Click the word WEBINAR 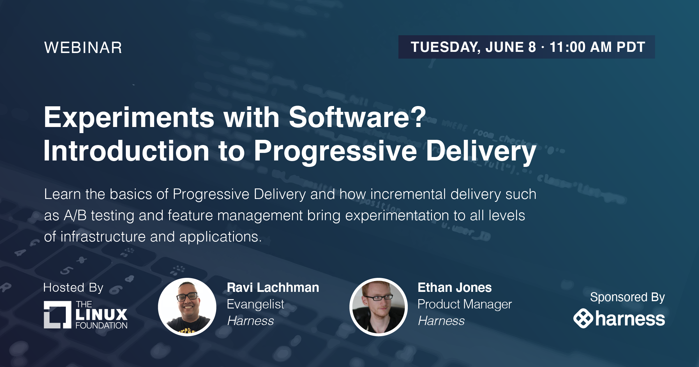tap(83, 47)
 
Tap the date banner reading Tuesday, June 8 tap(527, 47)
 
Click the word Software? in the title tap(357, 117)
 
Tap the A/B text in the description tap(75, 216)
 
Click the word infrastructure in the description tap(103, 237)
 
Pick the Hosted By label tap(73, 288)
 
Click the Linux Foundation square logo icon tap(57, 315)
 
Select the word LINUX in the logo tap(101, 315)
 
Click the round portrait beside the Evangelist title tap(187, 307)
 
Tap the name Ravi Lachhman tap(273, 287)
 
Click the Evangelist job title tap(255, 304)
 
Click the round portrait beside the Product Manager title tap(378, 307)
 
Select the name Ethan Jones tap(455, 287)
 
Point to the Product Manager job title tap(465, 304)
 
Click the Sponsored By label tap(627, 297)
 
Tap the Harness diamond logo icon tap(583, 318)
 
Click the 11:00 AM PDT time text tap(597, 47)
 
